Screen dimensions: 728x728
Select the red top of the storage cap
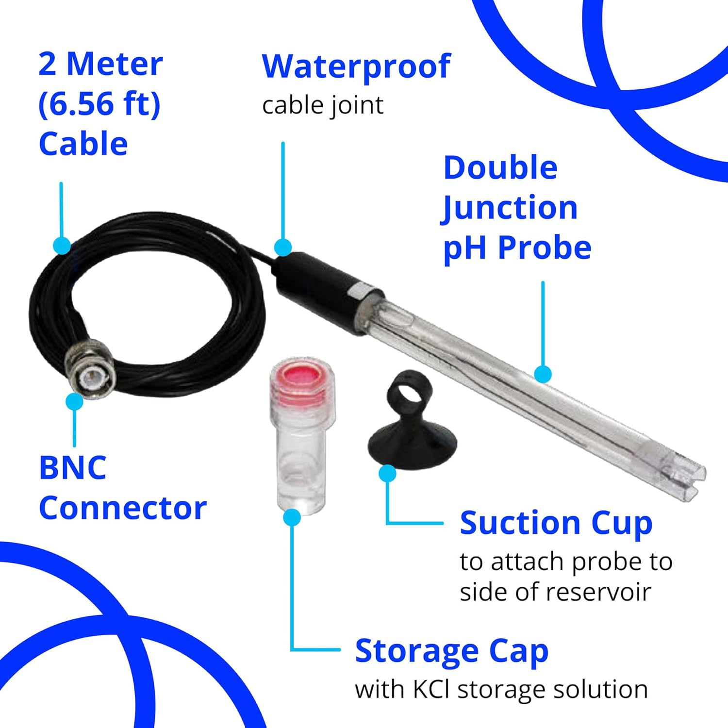301,377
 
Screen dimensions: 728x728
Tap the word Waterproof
356,66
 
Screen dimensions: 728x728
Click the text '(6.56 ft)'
99,103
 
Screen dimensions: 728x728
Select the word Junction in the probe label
510,208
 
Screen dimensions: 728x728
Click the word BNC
73,467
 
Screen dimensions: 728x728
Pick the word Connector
123,508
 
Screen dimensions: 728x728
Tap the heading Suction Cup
556,523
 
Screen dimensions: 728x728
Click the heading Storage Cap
451,650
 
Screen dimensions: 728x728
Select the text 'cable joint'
323,105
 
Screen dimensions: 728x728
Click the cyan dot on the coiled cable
62,246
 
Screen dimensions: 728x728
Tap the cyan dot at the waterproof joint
283,247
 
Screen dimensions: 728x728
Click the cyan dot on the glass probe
543,374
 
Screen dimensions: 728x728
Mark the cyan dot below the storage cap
292,517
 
